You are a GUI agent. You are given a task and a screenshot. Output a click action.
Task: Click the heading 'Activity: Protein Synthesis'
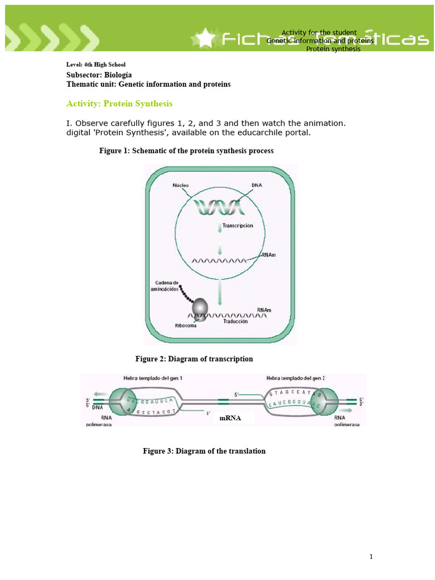[120, 104]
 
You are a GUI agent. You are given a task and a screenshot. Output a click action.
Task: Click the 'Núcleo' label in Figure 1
[181, 185]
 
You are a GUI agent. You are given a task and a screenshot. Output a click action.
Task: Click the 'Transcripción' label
[237, 225]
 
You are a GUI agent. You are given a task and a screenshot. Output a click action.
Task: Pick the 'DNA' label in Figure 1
[256, 185]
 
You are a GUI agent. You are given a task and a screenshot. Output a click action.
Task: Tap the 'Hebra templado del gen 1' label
[152, 378]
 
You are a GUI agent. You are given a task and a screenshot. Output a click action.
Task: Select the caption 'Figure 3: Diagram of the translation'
[204, 451]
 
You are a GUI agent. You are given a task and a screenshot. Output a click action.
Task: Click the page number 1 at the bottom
[371, 557]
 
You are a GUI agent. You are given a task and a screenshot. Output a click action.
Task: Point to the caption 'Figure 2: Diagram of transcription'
[194, 359]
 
